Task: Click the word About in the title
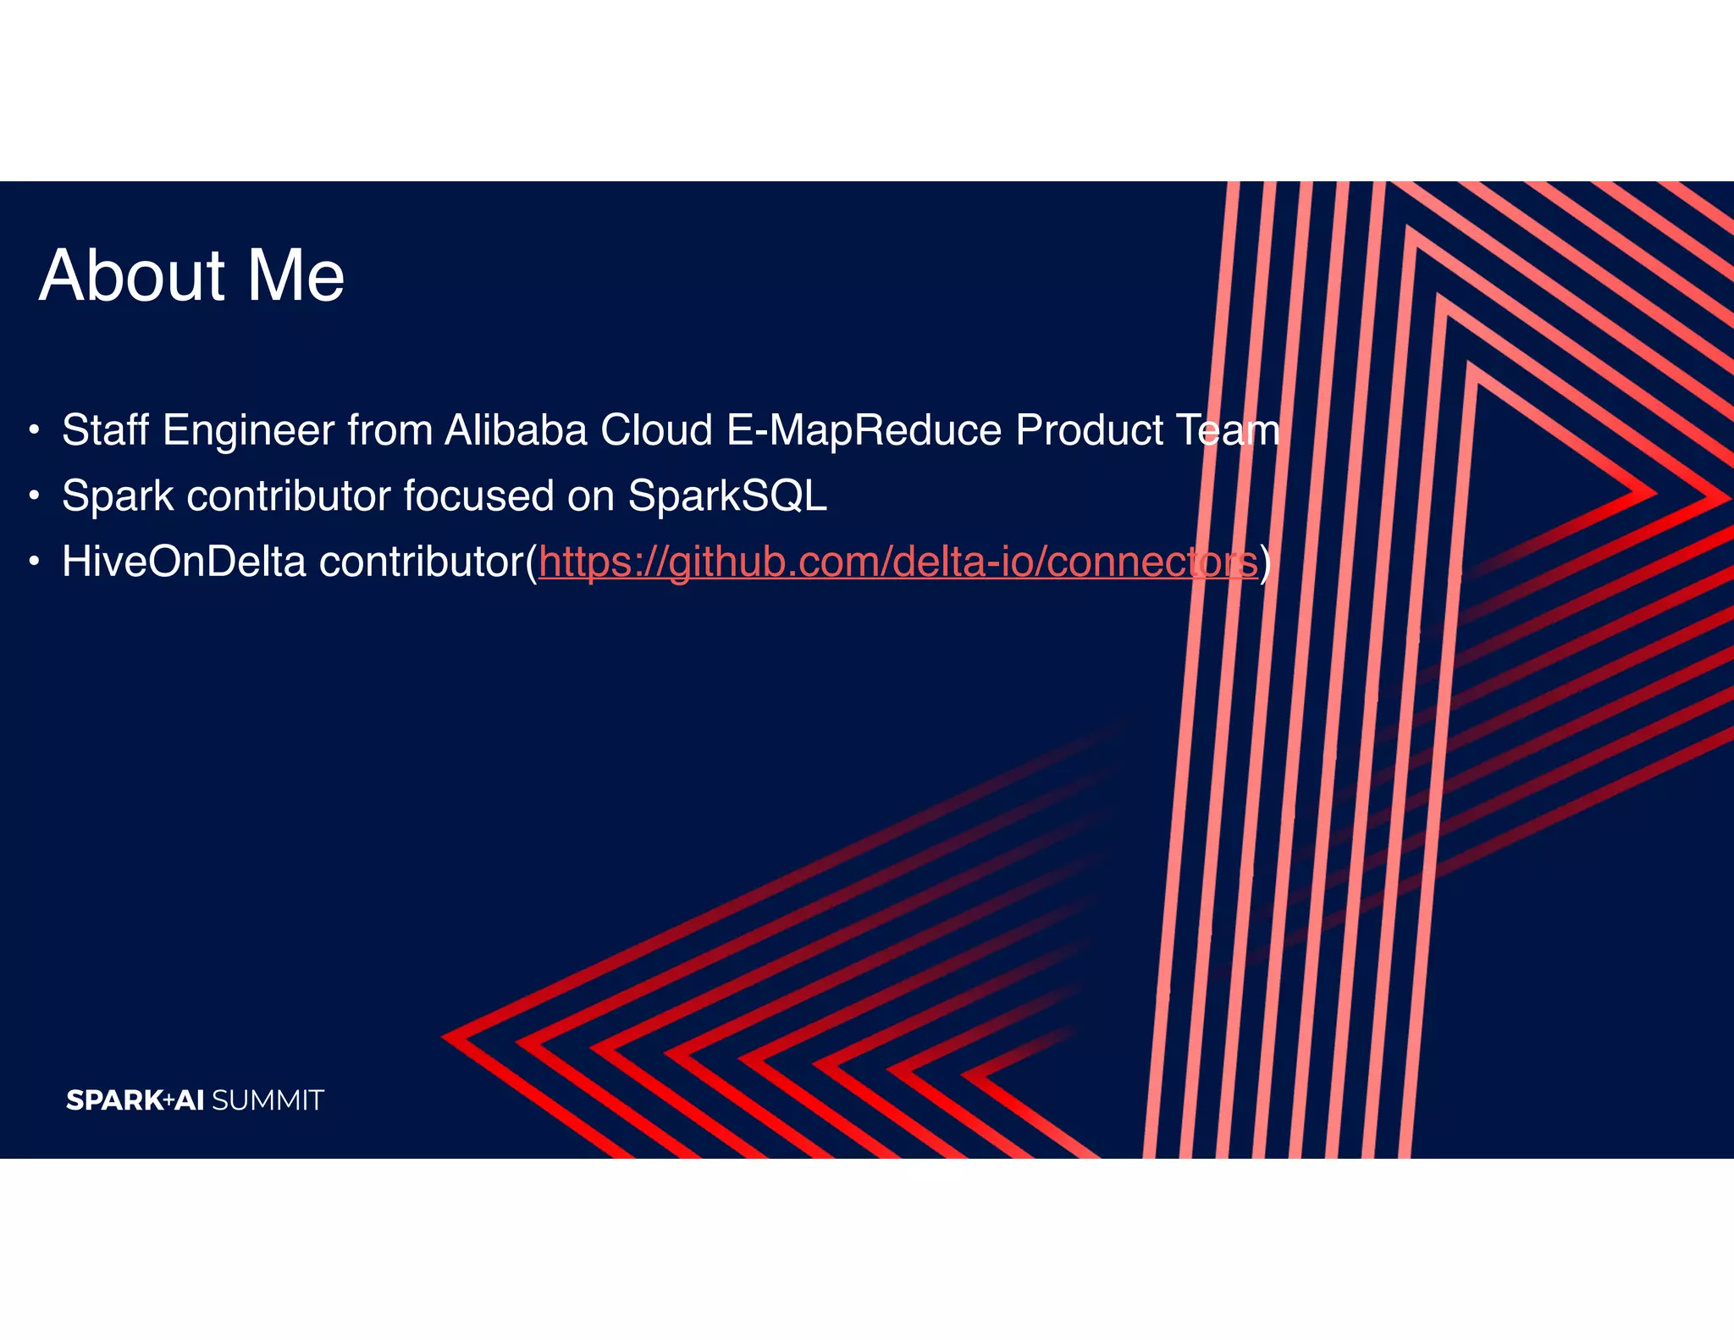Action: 132,276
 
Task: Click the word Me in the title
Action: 295,276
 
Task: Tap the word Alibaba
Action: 516,430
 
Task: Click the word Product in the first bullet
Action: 1089,430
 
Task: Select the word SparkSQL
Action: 727,496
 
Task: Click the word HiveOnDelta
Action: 184,562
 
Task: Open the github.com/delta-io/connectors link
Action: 897,562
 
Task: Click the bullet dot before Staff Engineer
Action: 33,429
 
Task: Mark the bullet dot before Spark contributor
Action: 33,496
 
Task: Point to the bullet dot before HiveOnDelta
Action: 33,562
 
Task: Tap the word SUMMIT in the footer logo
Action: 268,1100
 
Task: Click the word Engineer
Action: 249,430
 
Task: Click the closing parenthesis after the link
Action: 1265,562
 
